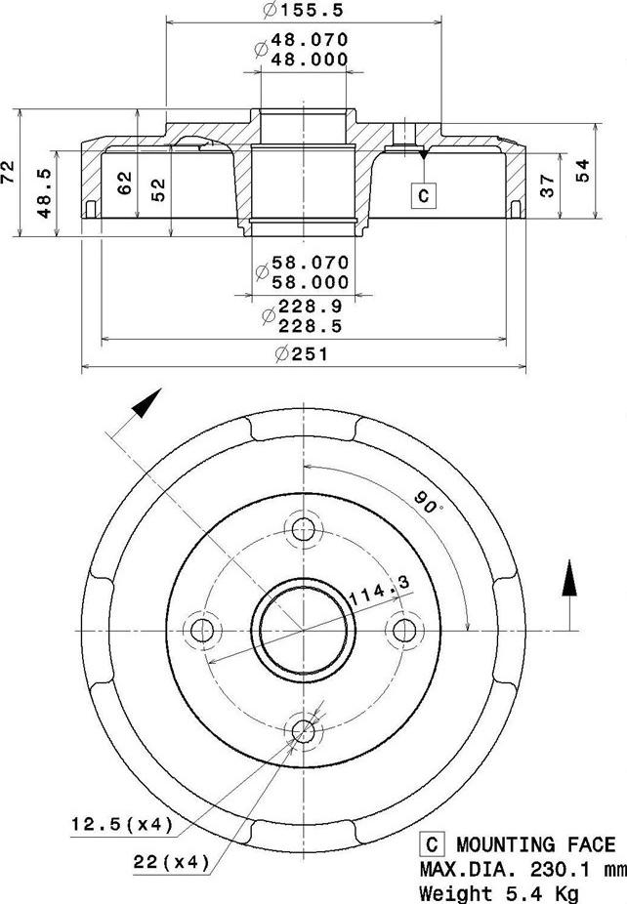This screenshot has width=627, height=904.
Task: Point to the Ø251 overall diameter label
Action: (302, 354)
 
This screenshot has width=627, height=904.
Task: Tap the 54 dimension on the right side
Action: (582, 170)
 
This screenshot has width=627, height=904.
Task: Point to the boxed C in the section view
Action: (423, 195)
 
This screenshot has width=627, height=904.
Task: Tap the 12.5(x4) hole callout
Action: (121, 825)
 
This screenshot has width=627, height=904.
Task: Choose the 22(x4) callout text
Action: (172, 862)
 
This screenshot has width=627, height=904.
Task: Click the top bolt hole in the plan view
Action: (305, 530)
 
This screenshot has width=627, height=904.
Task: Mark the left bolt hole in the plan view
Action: (203, 631)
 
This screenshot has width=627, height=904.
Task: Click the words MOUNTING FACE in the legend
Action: (535, 845)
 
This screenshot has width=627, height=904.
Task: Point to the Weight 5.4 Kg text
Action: (498, 892)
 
